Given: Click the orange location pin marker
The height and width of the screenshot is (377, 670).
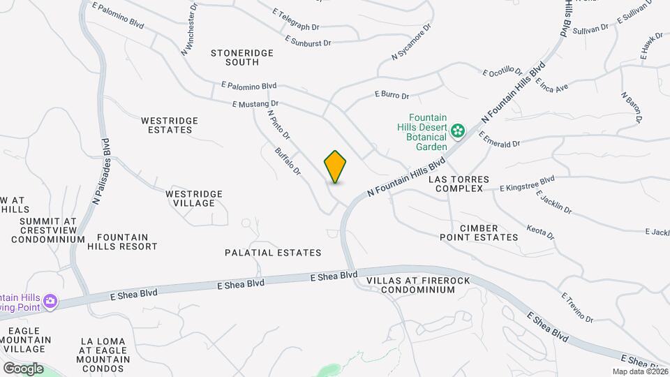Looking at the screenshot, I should (x=336, y=167).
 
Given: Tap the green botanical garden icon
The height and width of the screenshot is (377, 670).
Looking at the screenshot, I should (x=458, y=131).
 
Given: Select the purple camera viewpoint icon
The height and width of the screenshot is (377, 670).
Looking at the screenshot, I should (x=50, y=302).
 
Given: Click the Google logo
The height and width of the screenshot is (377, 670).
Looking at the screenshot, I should (x=23, y=369).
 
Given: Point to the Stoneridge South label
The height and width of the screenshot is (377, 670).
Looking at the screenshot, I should (x=242, y=57).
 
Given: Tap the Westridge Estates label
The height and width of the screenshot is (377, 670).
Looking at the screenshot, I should (x=170, y=125).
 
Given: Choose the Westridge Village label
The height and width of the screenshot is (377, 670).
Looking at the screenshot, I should (x=194, y=198).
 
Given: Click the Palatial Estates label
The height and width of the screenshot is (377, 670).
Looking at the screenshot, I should (x=273, y=253).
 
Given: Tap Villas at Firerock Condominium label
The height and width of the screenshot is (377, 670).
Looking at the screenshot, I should (x=410, y=286).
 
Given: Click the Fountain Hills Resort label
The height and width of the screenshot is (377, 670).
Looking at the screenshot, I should (x=123, y=242).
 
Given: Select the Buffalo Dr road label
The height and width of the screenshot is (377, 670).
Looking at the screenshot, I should (x=288, y=161).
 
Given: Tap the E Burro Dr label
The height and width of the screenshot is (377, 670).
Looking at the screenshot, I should (x=392, y=94).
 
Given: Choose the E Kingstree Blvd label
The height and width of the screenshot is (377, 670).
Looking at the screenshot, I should (x=527, y=184).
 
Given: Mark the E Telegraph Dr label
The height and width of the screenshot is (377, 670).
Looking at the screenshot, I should (x=295, y=20).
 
